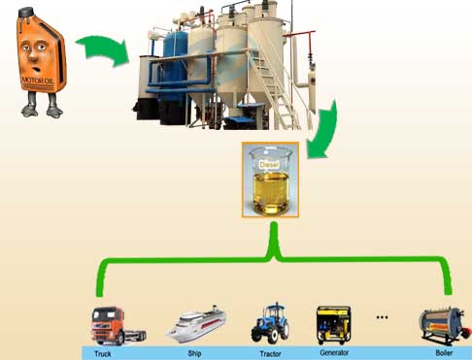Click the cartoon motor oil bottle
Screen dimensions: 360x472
coord(40,63)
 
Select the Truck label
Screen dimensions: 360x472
coord(103,352)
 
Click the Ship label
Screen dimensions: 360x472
coord(194,352)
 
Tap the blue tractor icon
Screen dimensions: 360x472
coord(269,323)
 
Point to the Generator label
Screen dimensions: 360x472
coord(336,352)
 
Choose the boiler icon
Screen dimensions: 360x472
coord(442,325)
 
